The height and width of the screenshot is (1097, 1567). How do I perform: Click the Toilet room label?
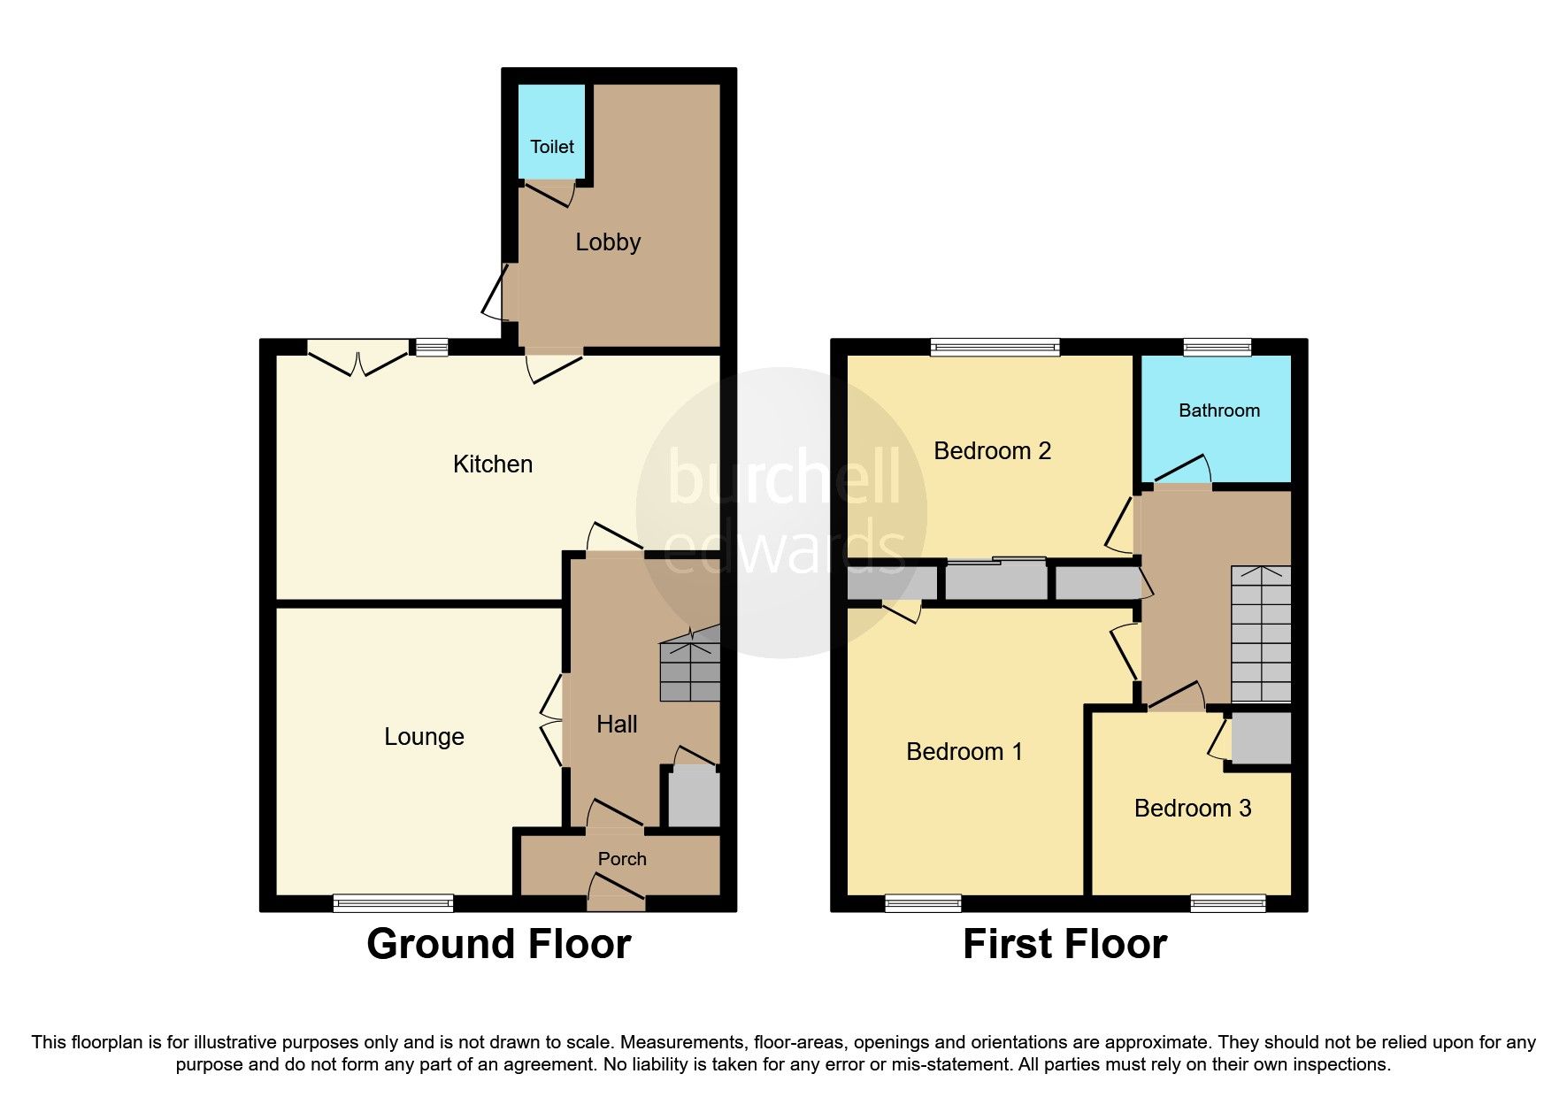point(552,147)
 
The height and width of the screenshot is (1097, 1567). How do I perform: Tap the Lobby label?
point(608,242)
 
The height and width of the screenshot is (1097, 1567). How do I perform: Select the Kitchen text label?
point(493,464)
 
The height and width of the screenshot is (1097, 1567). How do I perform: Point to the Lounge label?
point(424,737)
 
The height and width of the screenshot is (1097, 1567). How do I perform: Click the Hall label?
point(617,725)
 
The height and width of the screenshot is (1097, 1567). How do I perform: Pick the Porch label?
point(622,859)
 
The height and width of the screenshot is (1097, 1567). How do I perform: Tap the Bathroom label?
point(1219,410)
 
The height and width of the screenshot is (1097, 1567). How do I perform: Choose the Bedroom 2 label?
point(993,451)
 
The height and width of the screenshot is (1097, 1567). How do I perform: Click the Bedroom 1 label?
point(964,752)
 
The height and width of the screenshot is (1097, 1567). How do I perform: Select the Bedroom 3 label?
point(1193,809)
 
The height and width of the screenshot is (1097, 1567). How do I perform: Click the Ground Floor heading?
point(499,944)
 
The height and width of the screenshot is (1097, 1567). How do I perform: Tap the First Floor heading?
point(1065,944)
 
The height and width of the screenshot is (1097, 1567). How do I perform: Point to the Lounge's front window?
point(394,903)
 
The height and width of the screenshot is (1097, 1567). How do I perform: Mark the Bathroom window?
point(1217,347)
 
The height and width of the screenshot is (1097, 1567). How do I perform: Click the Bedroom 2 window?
point(995,347)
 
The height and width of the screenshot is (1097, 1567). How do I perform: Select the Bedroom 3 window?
point(1228,903)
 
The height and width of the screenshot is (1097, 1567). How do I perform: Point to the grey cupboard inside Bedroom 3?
point(1261,739)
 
